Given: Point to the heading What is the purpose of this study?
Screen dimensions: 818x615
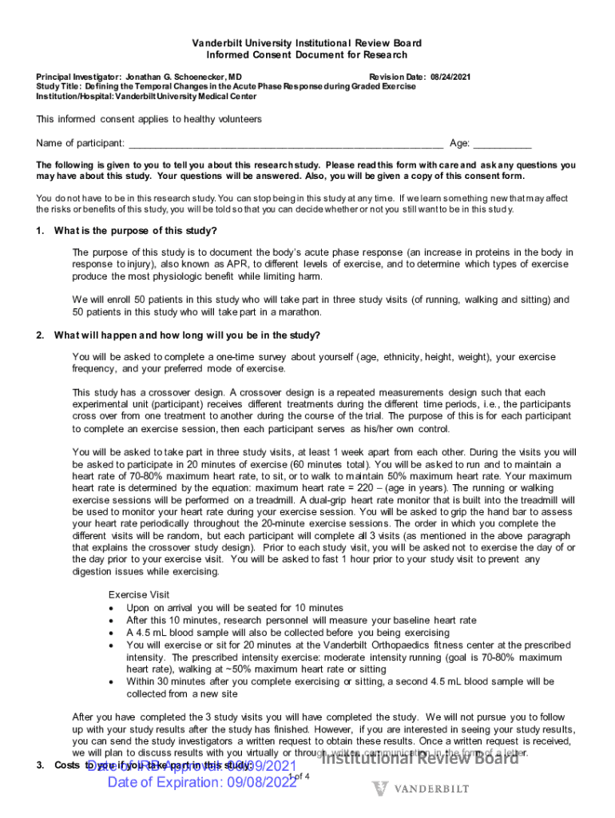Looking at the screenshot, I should click(135, 231).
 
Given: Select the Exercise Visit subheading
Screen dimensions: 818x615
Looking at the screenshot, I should click(138, 594).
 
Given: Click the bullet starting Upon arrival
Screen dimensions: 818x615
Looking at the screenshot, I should click(223, 608).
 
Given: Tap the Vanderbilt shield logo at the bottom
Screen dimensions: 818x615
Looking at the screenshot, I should click(381, 788).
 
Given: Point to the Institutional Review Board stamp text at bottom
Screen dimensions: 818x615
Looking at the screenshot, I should click(420, 758).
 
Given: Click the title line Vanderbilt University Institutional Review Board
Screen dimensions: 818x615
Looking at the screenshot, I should click(307, 42).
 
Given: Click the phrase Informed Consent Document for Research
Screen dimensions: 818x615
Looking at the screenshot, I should click(307, 55).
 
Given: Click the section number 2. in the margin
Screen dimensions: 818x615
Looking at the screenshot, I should click(41, 335).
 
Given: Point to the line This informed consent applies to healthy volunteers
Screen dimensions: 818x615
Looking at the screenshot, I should click(149, 119).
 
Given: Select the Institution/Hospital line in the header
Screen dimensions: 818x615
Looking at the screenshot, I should click(146, 96).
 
